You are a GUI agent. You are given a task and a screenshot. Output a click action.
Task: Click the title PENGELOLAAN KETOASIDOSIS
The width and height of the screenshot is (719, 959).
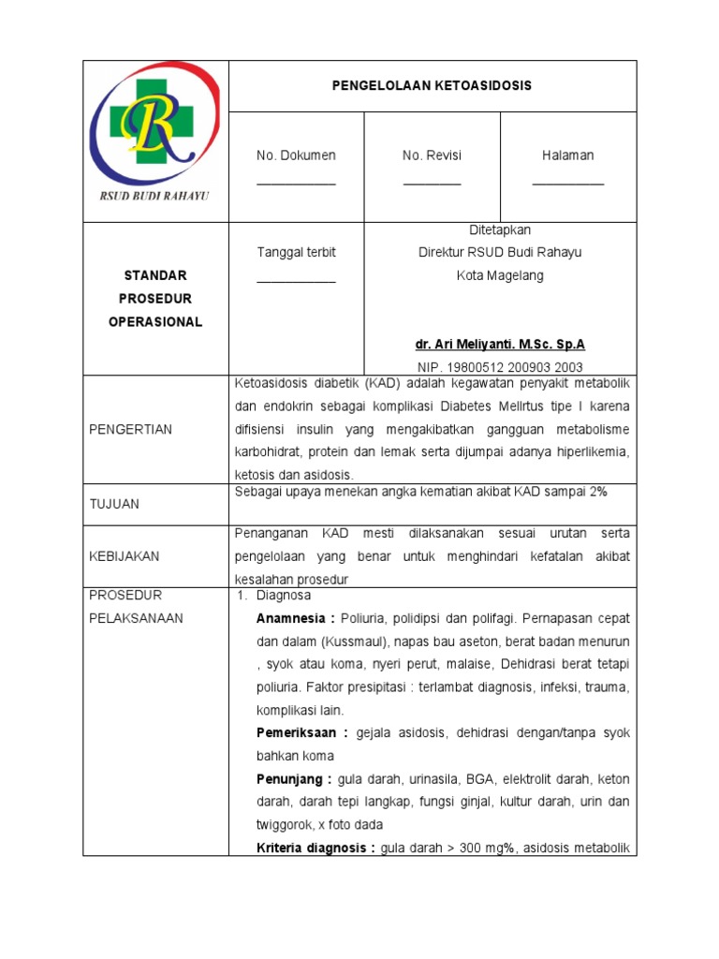[x=432, y=85]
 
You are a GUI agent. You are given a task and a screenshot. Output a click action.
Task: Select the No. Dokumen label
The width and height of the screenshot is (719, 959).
[x=296, y=155]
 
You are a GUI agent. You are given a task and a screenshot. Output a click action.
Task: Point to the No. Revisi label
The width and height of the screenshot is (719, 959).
[x=432, y=155]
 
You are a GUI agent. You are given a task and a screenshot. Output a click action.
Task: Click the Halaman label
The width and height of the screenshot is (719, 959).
[x=567, y=155]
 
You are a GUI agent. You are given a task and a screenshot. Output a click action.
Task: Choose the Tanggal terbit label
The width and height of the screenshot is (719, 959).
[x=296, y=253]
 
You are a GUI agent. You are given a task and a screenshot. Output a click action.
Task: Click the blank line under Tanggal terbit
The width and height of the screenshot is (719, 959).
[x=296, y=279]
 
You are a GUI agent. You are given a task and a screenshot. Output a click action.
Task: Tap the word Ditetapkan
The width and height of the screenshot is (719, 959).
[x=500, y=230]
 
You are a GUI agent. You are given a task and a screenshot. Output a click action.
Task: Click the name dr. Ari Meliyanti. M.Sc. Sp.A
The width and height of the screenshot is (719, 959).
[x=500, y=345]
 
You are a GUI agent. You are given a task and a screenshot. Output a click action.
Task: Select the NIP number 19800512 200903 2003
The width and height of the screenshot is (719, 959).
[x=500, y=368]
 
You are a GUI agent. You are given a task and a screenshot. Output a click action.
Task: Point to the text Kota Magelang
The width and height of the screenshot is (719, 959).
[x=500, y=276]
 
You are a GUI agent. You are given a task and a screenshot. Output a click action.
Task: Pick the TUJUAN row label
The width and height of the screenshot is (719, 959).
[x=113, y=504]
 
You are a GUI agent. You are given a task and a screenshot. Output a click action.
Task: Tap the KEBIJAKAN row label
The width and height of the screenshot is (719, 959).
[x=124, y=556]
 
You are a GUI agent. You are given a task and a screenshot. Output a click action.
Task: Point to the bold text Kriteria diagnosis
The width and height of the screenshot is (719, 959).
[x=315, y=848]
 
